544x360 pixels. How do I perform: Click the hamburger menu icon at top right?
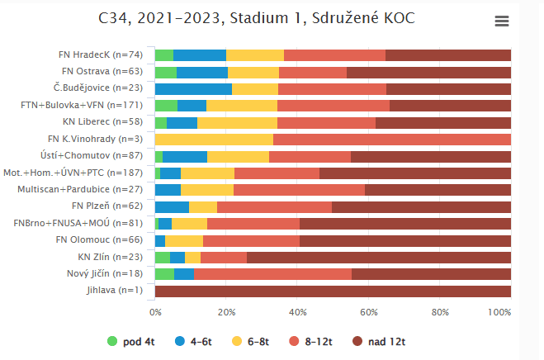(501, 21)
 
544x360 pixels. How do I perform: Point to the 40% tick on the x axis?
(297, 312)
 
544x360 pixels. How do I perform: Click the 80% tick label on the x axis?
(440, 312)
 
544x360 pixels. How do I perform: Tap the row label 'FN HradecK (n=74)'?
(102, 54)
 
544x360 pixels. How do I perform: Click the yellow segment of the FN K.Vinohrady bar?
(214, 139)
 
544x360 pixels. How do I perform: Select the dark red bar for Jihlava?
(333, 291)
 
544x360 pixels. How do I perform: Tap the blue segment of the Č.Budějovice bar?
(193, 88)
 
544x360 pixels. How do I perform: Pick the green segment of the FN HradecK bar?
(163, 54)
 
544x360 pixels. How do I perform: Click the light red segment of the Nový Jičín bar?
(272, 273)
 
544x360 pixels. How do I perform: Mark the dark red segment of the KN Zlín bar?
(378, 257)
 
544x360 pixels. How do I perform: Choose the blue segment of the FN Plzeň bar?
(172, 206)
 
